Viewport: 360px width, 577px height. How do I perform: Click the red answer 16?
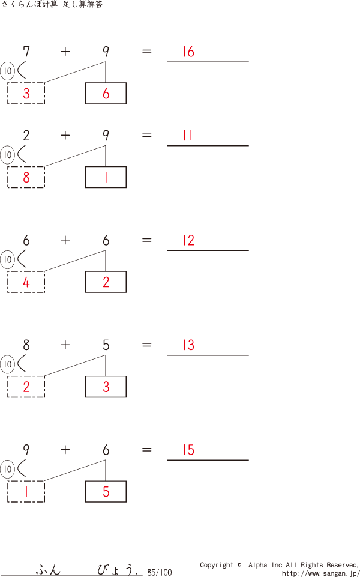[x=188, y=52]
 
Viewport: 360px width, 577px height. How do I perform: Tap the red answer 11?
[x=188, y=136]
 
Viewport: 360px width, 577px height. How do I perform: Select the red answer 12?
[x=188, y=241]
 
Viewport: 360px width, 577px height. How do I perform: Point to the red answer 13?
[x=188, y=345]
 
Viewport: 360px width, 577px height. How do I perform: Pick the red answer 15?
[x=188, y=450]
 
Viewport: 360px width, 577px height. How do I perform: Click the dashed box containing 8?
[x=26, y=177]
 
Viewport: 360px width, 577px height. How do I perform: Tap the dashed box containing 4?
[x=26, y=282]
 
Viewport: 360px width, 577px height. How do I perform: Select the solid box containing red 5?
[x=106, y=492]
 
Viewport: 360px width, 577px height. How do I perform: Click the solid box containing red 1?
[x=106, y=177]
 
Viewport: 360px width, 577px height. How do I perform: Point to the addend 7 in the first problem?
[x=26, y=52]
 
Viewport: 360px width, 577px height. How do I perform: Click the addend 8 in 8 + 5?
[x=26, y=345]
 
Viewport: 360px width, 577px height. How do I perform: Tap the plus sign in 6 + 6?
[x=65, y=240]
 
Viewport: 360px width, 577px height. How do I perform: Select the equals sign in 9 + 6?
[x=147, y=450]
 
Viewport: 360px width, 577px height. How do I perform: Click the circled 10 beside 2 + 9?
[x=7, y=156]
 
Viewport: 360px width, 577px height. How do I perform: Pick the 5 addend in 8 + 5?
[x=106, y=345]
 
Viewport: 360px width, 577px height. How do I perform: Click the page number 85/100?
[x=159, y=572]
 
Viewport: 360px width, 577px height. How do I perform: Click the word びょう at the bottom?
[x=117, y=569]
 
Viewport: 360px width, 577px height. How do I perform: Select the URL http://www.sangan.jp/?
[x=320, y=573]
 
